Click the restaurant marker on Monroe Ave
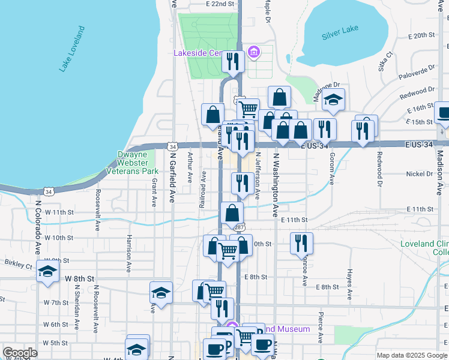(301, 244)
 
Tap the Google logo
(20, 352)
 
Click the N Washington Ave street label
(276, 184)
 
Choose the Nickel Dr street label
(420, 174)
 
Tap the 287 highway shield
(239, 227)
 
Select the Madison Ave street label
(439, 173)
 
